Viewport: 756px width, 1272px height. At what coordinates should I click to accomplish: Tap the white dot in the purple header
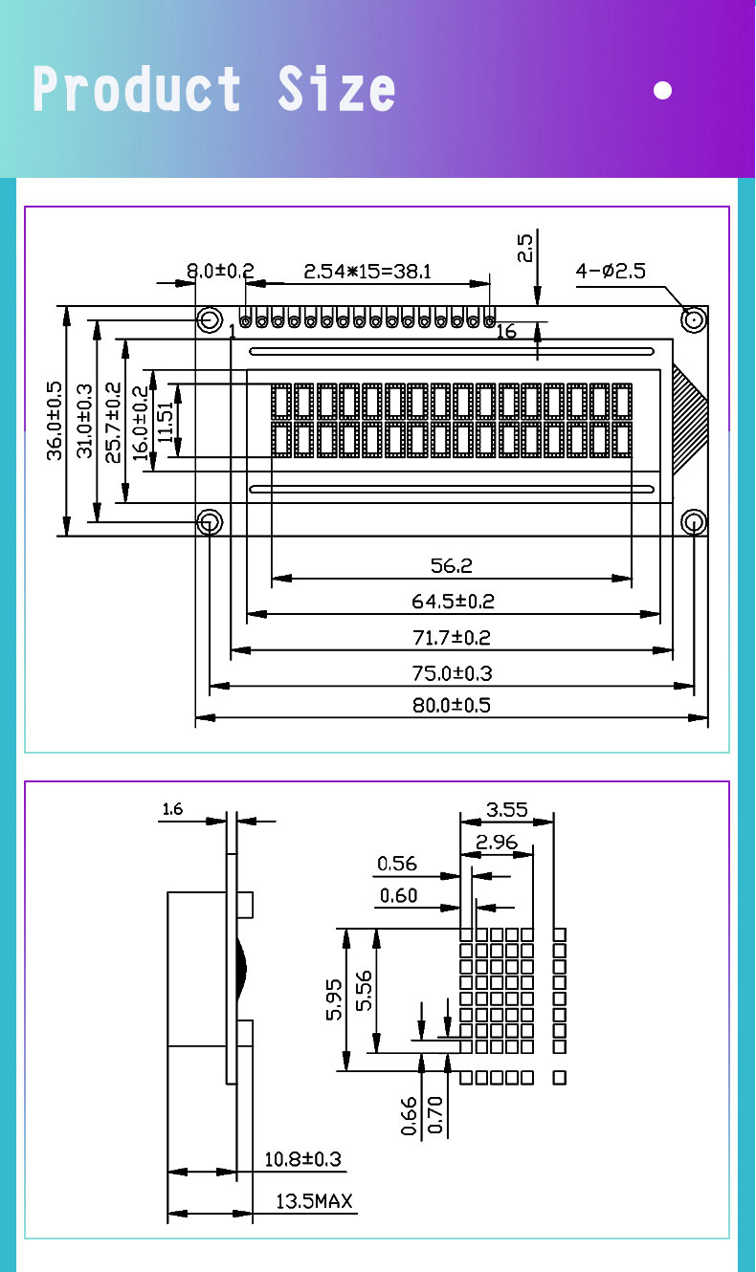[662, 91]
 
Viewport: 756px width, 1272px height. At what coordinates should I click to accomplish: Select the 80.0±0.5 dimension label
[451, 706]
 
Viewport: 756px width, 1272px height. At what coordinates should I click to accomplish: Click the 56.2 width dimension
[451, 566]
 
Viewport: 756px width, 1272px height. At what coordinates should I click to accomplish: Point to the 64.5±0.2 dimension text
[451, 602]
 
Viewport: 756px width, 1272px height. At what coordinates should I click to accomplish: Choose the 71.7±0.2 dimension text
[451, 637]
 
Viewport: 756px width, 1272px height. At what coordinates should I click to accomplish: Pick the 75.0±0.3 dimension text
[451, 673]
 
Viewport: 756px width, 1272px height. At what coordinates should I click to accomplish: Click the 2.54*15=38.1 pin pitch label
[367, 272]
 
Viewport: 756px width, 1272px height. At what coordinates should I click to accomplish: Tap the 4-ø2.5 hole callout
[611, 272]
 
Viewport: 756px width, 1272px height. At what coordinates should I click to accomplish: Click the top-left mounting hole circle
[209, 319]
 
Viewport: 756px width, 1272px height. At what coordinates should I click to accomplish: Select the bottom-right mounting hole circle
[694, 521]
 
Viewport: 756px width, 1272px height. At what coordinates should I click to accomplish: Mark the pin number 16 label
[506, 332]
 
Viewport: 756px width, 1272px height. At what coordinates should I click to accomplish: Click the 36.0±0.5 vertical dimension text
[55, 421]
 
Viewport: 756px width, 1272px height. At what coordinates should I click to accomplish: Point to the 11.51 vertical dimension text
[166, 421]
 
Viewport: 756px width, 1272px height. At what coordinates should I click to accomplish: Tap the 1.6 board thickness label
[172, 810]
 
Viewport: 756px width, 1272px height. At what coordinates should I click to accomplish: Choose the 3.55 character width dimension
[506, 810]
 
